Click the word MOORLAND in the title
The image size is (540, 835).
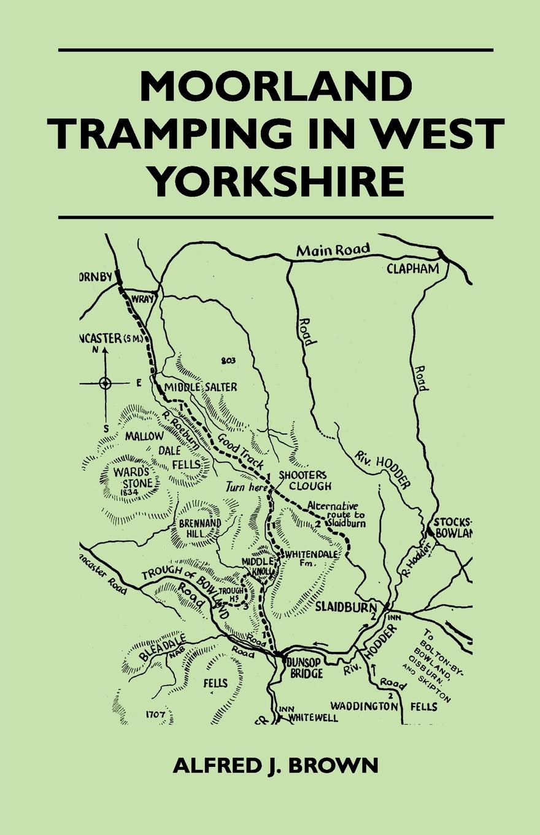tap(276, 87)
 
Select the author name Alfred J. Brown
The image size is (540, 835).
tap(276, 767)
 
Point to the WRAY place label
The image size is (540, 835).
tap(142, 299)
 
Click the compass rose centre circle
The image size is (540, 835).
tap(105, 384)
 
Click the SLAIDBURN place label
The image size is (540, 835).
tap(344, 605)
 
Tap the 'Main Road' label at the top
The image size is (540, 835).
tap(333, 249)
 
